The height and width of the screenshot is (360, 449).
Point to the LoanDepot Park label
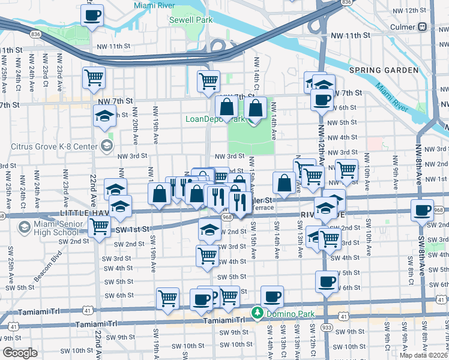tap(215, 119)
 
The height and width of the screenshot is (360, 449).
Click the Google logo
tap(19, 352)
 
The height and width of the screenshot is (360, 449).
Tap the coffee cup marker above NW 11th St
tap(92, 16)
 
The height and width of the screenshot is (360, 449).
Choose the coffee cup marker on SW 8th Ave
tap(422, 211)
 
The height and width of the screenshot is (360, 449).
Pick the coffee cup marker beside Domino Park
tap(272, 296)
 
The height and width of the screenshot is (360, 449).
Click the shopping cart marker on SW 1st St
tap(99, 227)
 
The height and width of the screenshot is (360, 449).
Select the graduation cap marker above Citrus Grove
tap(104, 116)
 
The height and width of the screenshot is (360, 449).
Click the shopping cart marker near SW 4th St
tap(208, 255)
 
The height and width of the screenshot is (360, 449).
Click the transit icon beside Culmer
tap(423, 26)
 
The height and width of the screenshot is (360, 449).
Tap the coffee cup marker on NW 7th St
tap(322, 99)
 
